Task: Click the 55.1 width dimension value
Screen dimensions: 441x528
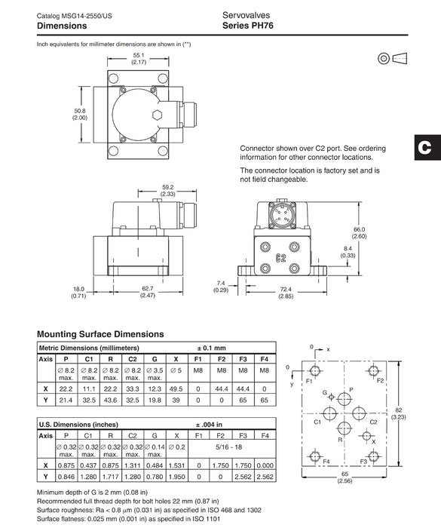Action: click(x=139, y=55)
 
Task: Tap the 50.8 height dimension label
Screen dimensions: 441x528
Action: click(x=80, y=111)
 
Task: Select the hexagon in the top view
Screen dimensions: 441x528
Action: click(x=158, y=115)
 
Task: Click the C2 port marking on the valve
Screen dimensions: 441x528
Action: click(x=280, y=258)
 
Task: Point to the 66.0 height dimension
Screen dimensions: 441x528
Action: click(x=359, y=229)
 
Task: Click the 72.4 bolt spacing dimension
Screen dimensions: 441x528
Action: click(x=286, y=289)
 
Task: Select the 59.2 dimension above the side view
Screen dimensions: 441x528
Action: click(x=167, y=187)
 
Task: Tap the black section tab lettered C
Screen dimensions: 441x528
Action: click(x=427, y=148)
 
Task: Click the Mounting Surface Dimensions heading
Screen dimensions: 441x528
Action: click(x=100, y=334)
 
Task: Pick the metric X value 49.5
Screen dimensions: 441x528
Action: click(x=176, y=389)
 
